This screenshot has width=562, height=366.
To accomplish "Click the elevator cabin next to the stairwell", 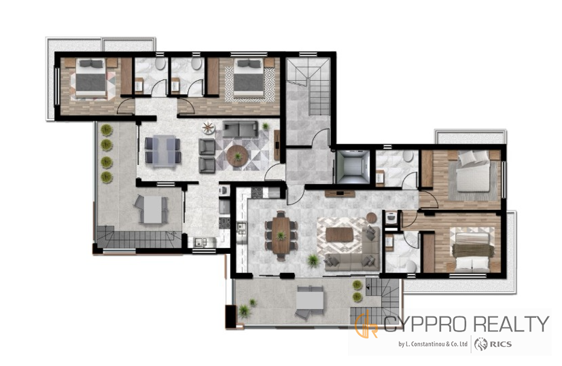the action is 353,167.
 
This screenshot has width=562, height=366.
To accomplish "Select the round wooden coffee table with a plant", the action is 237,155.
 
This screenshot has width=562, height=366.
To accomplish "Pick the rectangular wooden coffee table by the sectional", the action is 339,235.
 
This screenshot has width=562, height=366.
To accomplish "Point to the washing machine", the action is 391,218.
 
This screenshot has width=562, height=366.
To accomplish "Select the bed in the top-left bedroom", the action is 90,78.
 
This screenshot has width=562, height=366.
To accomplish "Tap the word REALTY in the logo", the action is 512,324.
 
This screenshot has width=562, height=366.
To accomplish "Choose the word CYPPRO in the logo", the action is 425,324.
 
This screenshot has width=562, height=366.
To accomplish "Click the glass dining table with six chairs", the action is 163,151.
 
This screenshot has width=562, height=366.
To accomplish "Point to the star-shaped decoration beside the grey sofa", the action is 208,128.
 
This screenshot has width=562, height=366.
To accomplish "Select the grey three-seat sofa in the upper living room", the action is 240,129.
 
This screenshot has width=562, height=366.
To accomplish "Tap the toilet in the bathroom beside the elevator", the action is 408,155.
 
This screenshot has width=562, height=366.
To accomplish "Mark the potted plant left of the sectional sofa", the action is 313,261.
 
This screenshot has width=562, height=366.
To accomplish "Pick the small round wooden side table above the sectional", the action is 372,217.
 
